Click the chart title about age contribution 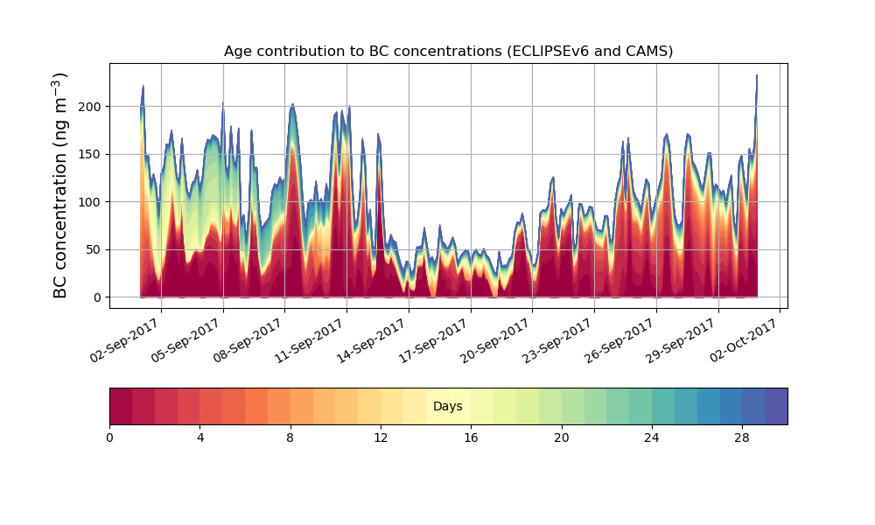[x=448, y=51]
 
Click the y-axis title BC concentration [x=60, y=185]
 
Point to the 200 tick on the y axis [x=91, y=107]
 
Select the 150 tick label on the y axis [x=91, y=154]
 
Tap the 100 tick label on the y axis [x=91, y=202]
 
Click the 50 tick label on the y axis [x=94, y=249]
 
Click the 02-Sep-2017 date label [x=124, y=340]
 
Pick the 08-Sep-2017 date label [x=248, y=340]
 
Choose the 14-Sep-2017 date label [x=372, y=340]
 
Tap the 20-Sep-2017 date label [x=496, y=340]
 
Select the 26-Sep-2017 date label [x=619, y=340]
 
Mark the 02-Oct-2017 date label [x=744, y=340]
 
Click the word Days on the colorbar [x=448, y=407]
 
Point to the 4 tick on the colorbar [x=199, y=437]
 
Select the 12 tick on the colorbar [x=381, y=437]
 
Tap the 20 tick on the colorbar [x=562, y=437]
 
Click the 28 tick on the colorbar [x=742, y=437]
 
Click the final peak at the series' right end [x=757, y=76]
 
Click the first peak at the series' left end [x=143, y=87]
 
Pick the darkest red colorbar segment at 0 [x=121, y=407]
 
